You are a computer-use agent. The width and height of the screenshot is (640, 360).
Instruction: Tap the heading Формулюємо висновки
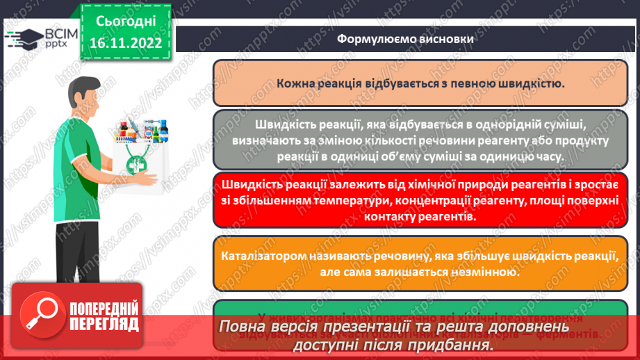coord(406,39)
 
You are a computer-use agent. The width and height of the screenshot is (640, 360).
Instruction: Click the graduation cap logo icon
coord(22,39)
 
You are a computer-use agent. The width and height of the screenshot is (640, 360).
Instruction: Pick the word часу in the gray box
coord(548,157)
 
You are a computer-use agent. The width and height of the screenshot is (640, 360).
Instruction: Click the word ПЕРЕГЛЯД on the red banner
coord(104,325)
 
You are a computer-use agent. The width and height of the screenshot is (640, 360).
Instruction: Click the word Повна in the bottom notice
coord(244,327)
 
